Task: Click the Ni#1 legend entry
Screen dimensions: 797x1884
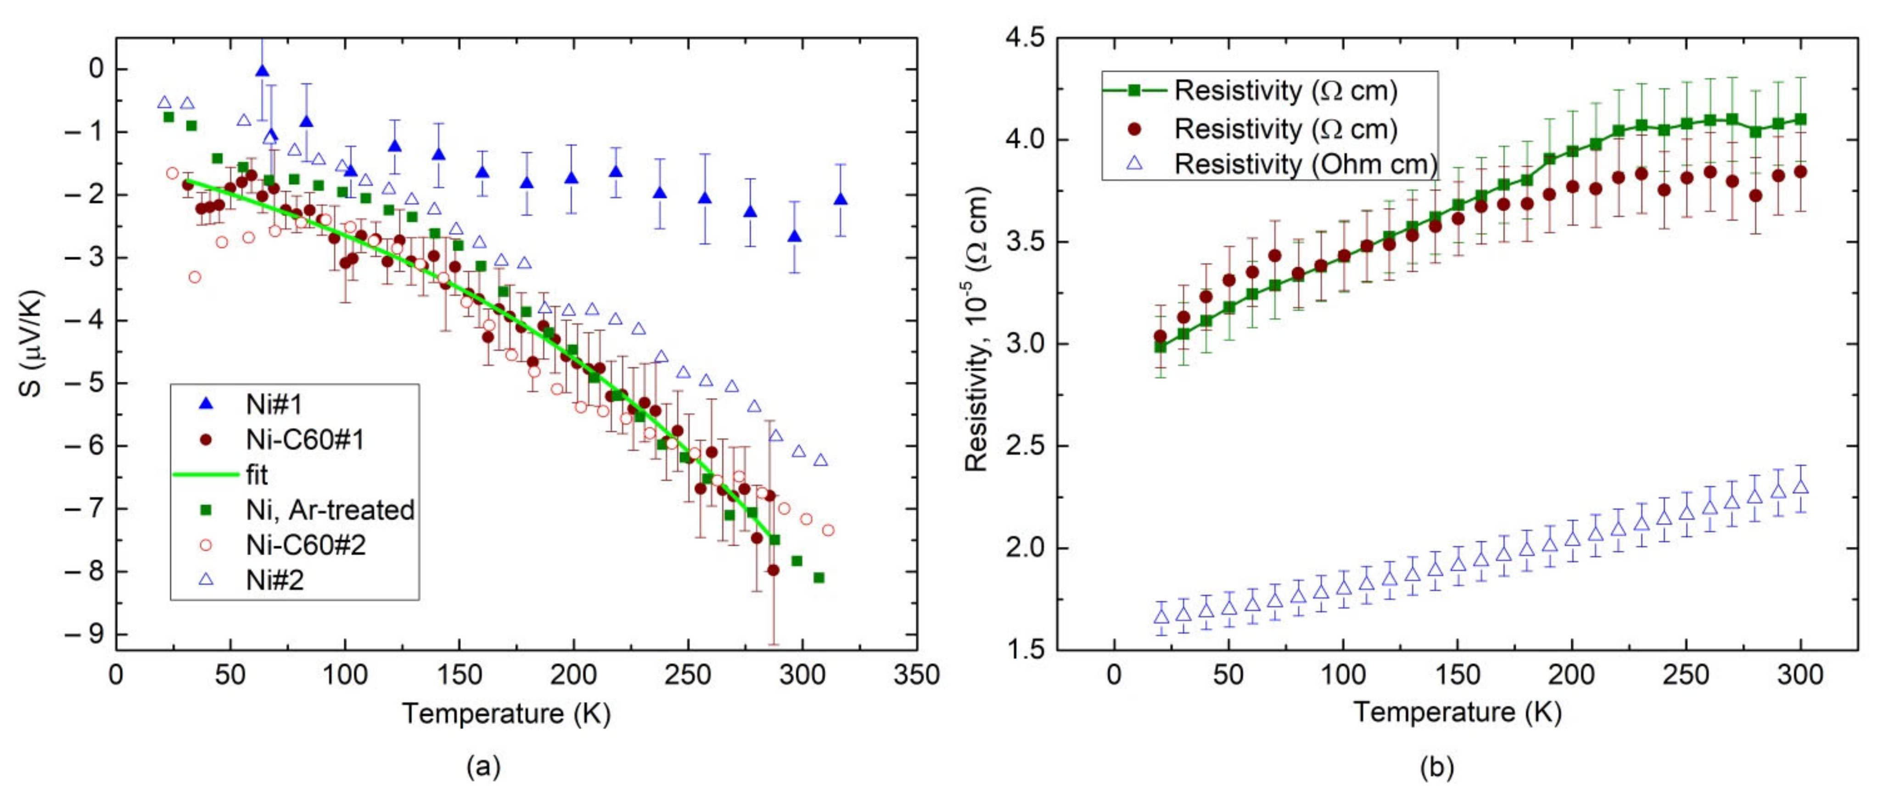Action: (274, 404)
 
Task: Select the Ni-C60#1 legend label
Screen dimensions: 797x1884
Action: (305, 440)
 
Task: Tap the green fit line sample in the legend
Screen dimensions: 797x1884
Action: (206, 474)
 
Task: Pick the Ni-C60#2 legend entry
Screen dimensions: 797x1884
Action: (305, 545)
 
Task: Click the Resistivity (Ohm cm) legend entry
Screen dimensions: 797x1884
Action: (1306, 164)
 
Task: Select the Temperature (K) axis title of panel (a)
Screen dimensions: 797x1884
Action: (506, 713)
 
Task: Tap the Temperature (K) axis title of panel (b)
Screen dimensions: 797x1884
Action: (1458, 712)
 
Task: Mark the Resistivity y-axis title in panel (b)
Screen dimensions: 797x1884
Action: (978, 329)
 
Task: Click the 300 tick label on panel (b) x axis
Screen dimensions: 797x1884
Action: (1800, 674)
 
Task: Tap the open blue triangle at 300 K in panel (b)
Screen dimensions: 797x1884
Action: (1800, 487)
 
